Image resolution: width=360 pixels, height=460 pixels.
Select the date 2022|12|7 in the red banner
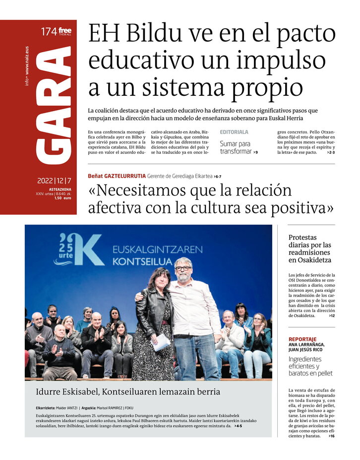coord(54,181)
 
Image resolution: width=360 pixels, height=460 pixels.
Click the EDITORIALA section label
coord(234,132)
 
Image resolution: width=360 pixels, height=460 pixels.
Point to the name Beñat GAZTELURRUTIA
coord(117,176)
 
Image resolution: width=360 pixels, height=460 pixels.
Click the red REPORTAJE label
coord(302,339)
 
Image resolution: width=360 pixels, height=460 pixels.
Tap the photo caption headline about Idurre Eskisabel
coord(128,392)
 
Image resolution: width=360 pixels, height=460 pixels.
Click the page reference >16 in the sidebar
coord(331,436)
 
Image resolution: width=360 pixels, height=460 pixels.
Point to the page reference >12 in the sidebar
coord(331,316)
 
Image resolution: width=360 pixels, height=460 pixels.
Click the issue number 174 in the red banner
coord(48,32)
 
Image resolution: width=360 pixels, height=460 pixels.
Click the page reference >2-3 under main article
coord(331,152)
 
